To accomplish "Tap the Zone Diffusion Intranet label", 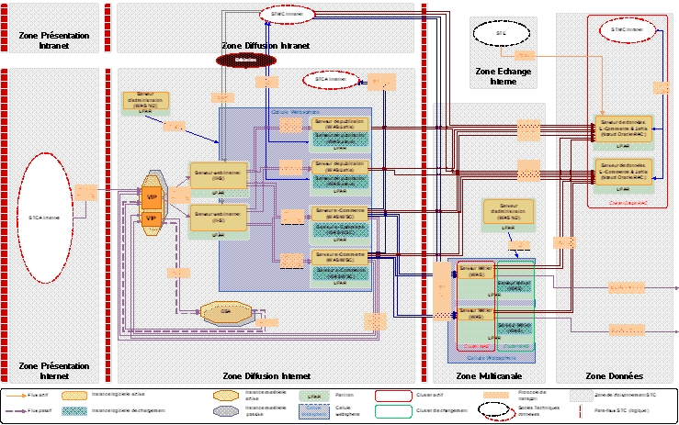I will [x=266, y=45].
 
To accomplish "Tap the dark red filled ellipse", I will [x=244, y=60].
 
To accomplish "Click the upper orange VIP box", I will [x=150, y=198].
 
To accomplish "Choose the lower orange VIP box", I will [x=150, y=218].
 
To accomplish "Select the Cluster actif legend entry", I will [x=433, y=394].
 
